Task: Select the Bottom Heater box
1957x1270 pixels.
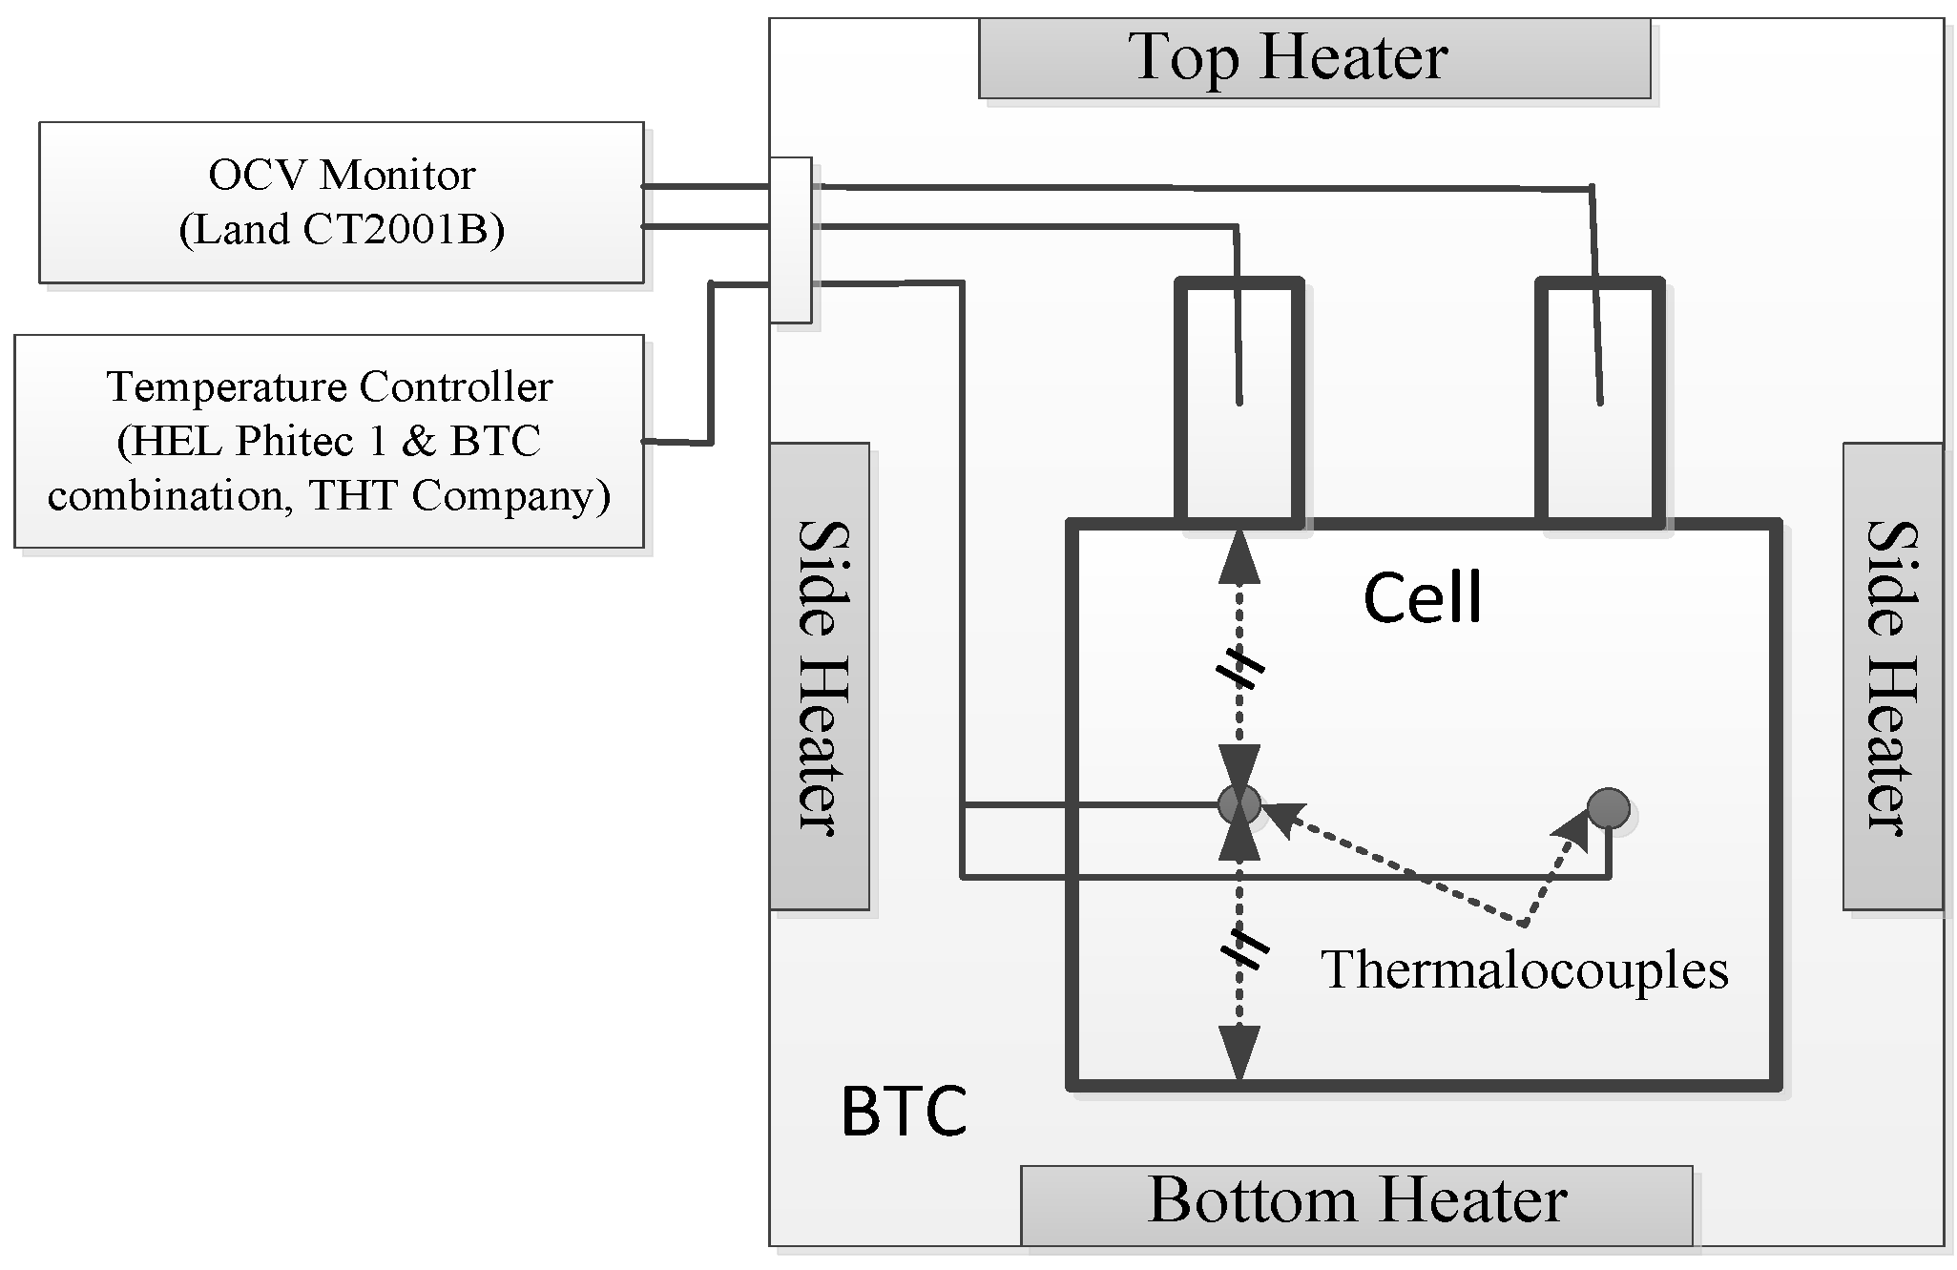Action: tap(1356, 1203)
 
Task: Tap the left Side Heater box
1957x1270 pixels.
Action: tap(819, 676)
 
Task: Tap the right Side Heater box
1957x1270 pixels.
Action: tap(1891, 676)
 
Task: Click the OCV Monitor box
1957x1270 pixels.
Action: tap(341, 202)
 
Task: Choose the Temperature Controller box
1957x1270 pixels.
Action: tap(329, 441)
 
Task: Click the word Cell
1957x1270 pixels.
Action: tap(1422, 599)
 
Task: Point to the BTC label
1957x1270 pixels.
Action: tap(903, 1112)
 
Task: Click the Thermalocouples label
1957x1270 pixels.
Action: tap(1524, 970)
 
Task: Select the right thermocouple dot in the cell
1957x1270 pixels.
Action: tap(1609, 808)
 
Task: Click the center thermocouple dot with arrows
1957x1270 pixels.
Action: tap(1239, 804)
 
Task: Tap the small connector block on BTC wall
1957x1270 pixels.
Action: tap(790, 240)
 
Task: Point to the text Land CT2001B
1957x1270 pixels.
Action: tap(341, 230)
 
